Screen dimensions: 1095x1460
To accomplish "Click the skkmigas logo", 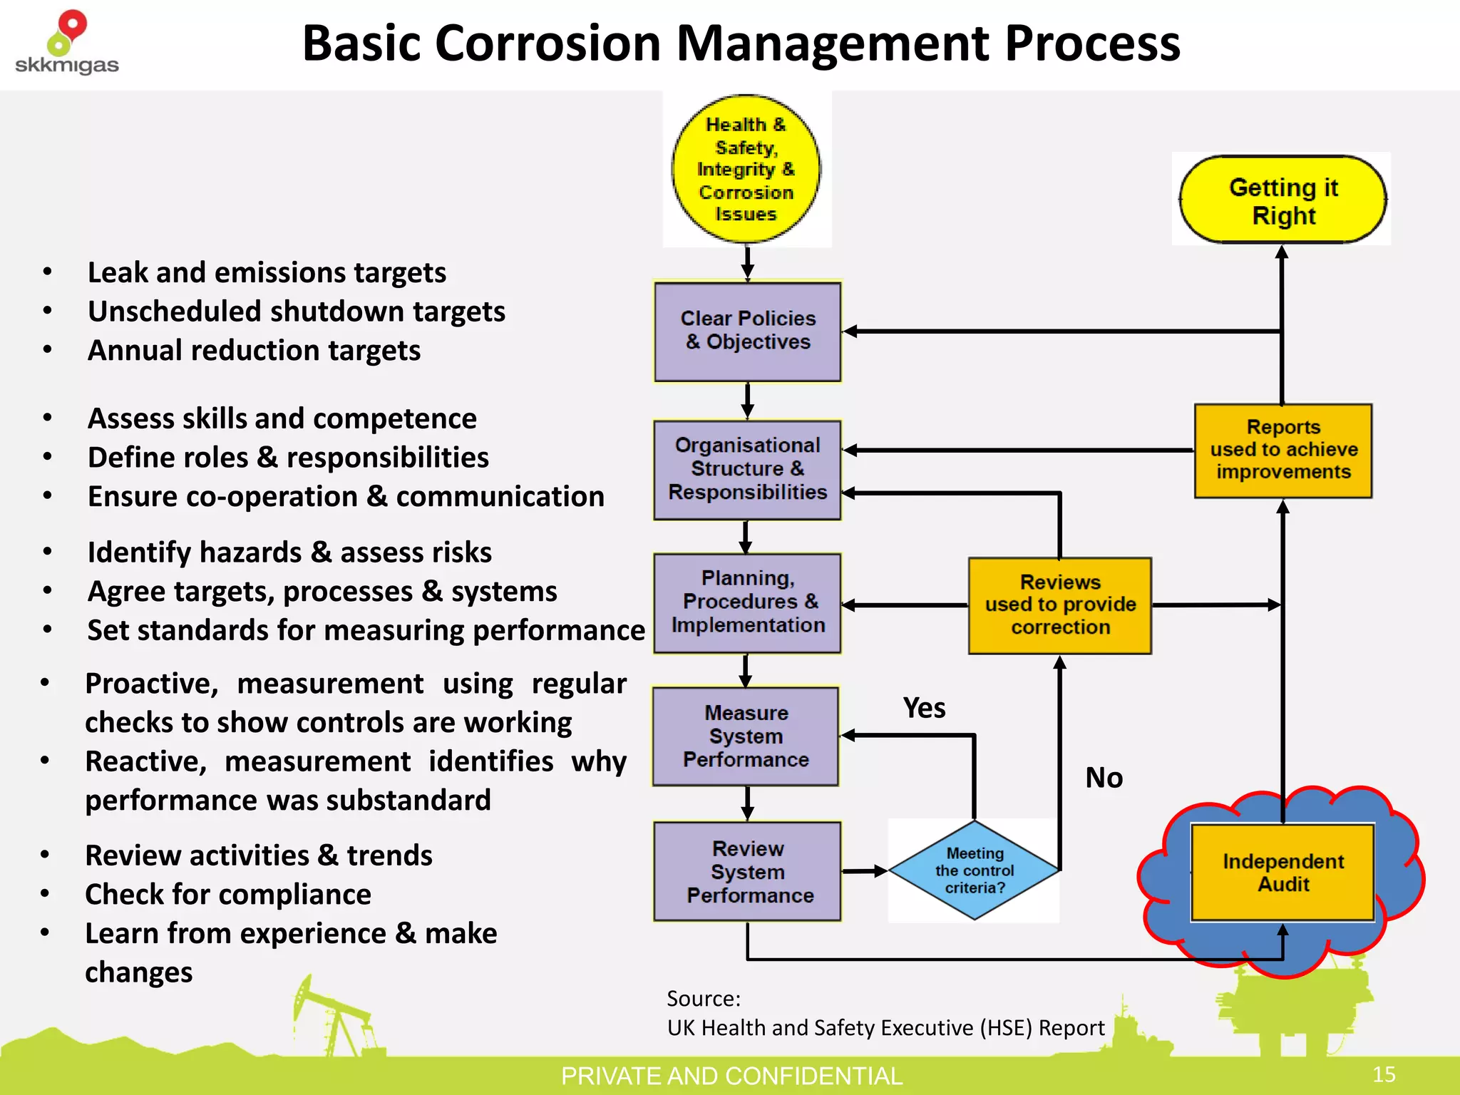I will (x=66, y=43).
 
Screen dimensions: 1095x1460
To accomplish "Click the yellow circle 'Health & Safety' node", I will (x=746, y=169).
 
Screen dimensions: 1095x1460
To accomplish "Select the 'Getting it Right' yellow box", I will (x=1282, y=200).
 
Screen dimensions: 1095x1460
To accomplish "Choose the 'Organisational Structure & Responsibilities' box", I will (x=747, y=469).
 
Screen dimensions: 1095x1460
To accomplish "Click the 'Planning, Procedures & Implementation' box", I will (x=747, y=602).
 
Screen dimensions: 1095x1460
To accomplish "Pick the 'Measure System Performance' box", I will (x=746, y=736).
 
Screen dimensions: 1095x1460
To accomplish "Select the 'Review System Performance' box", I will (x=747, y=871).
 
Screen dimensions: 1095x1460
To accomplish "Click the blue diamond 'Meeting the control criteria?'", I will (x=974, y=870).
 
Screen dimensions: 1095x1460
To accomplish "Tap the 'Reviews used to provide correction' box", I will (x=1059, y=605).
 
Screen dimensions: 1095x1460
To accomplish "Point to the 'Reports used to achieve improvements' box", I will (x=1282, y=450).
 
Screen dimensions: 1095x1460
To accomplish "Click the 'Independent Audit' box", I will (x=1282, y=873).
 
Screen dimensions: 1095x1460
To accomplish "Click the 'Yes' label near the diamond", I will (x=924, y=708).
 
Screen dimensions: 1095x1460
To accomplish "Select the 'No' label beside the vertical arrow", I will (x=1104, y=778).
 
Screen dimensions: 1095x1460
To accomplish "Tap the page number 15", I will (x=1384, y=1074).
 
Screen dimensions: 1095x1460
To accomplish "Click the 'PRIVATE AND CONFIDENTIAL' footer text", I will (x=731, y=1076).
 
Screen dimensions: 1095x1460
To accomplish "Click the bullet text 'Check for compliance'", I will (x=227, y=894).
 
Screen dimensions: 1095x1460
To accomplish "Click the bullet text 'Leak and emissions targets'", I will (x=267, y=272).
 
